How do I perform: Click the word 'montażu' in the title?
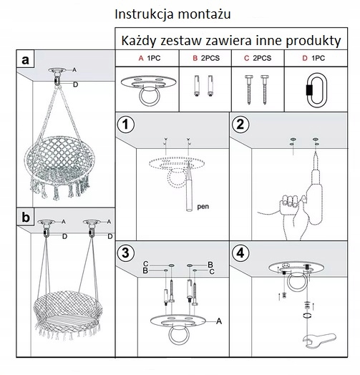point(204,14)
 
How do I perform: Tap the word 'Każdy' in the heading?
point(139,41)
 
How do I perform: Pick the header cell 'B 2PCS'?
point(206,58)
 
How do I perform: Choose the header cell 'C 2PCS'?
point(258,58)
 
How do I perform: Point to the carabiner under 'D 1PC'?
point(316,90)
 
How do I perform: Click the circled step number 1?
point(126,125)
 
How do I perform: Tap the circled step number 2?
point(240,125)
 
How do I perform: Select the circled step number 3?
point(126,253)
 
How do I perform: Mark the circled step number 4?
point(240,253)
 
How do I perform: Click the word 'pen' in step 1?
point(203,207)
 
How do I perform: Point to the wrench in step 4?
point(319,341)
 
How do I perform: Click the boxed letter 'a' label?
point(25,59)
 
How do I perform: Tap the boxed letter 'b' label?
point(26,217)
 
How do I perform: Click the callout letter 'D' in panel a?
point(76,84)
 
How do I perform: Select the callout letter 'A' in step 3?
point(219,321)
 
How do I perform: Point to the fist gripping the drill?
point(289,203)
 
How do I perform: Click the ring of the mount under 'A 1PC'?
point(149,97)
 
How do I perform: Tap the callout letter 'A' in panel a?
point(74,70)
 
